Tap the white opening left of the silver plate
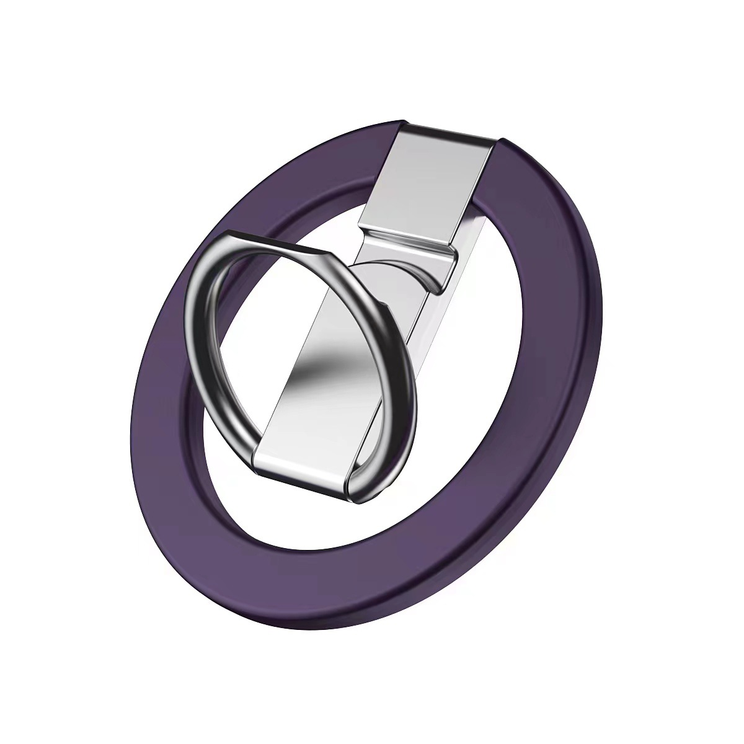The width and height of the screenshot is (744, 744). point(322,205)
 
